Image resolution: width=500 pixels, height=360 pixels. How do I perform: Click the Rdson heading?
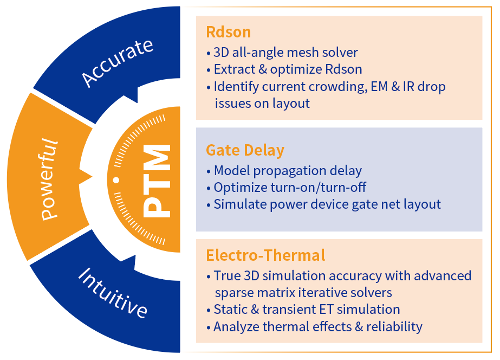click(x=228, y=32)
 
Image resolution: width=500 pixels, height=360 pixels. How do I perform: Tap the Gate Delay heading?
click(x=245, y=150)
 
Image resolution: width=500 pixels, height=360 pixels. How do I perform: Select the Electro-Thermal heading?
click(x=265, y=255)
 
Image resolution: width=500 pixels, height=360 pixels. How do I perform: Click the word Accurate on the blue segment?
click(x=118, y=62)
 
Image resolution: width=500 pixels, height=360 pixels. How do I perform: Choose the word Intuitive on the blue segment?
click(x=113, y=293)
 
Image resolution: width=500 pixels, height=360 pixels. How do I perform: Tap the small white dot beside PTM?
click(x=116, y=179)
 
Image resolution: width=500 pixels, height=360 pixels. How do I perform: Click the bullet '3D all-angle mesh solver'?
click(x=285, y=53)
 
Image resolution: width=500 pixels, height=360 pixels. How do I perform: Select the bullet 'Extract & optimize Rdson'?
click(x=288, y=69)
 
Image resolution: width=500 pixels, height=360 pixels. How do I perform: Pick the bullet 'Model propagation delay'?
click(x=288, y=171)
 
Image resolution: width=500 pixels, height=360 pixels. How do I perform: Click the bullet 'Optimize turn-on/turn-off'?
click(x=290, y=188)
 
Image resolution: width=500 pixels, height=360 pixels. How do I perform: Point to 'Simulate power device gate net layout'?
click(x=327, y=204)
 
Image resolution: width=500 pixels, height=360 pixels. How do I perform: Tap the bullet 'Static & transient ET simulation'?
click(x=307, y=310)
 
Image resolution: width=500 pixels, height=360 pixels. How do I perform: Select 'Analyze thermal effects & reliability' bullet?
click(x=317, y=326)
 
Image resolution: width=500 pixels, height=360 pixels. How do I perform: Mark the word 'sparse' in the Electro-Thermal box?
click(x=234, y=293)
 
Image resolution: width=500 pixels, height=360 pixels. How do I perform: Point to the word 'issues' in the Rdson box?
click(x=232, y=103)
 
